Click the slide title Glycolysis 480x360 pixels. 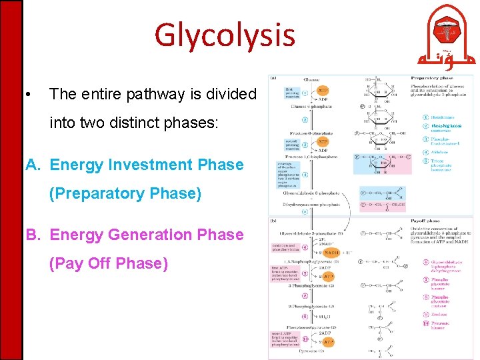click(x=224, y=35)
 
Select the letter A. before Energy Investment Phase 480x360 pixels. click(x=35, y=165)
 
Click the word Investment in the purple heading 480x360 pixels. click(x=149, y=165)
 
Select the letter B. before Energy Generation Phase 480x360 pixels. click(x=35, y=235)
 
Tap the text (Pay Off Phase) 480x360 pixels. click(x=109, y=263)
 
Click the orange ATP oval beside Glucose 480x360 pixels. click(x=322, y=90)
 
